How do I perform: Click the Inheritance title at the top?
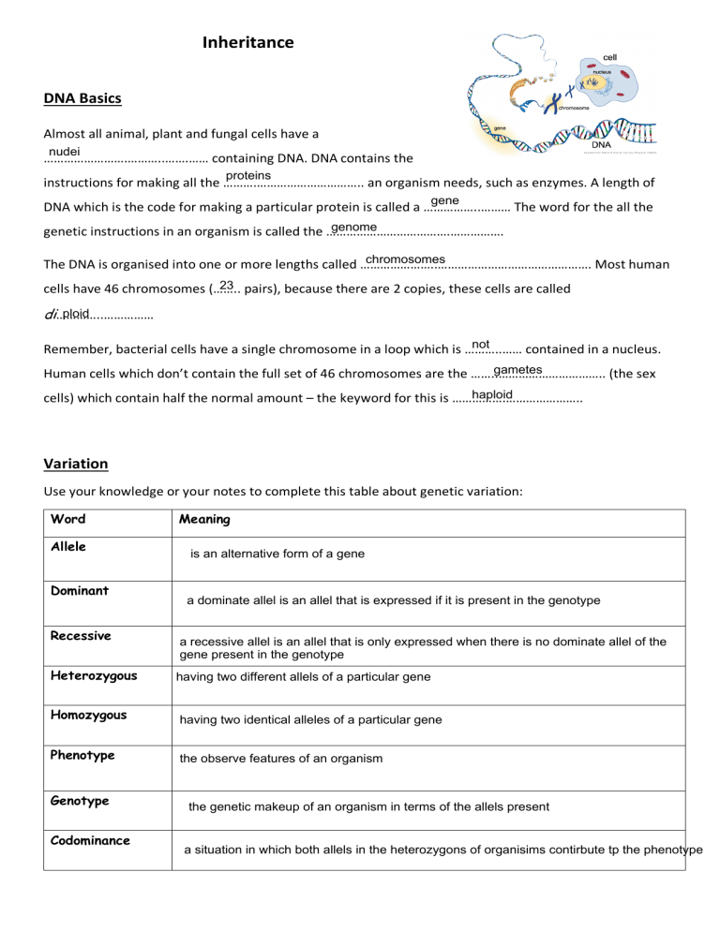tap(247, 42)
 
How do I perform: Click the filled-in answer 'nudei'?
tap(65, 151)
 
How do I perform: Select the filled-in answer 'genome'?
tap(354, 228)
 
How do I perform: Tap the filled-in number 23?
tap(226, 286)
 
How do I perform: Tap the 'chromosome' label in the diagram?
tap(580, 108)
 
